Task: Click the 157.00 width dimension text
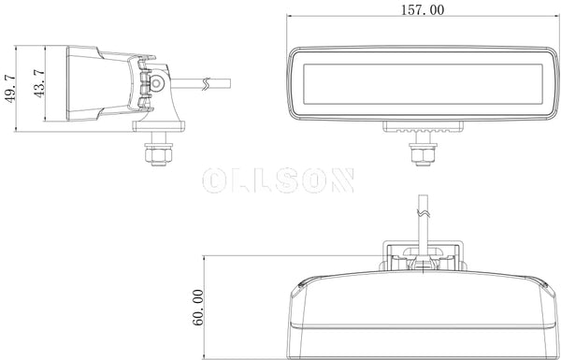[423, 9]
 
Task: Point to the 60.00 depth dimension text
[198, 306]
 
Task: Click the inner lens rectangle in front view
[423, 82]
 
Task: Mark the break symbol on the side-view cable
[203, 85]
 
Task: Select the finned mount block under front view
[422, 128]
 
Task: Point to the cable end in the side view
[229, 83]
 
